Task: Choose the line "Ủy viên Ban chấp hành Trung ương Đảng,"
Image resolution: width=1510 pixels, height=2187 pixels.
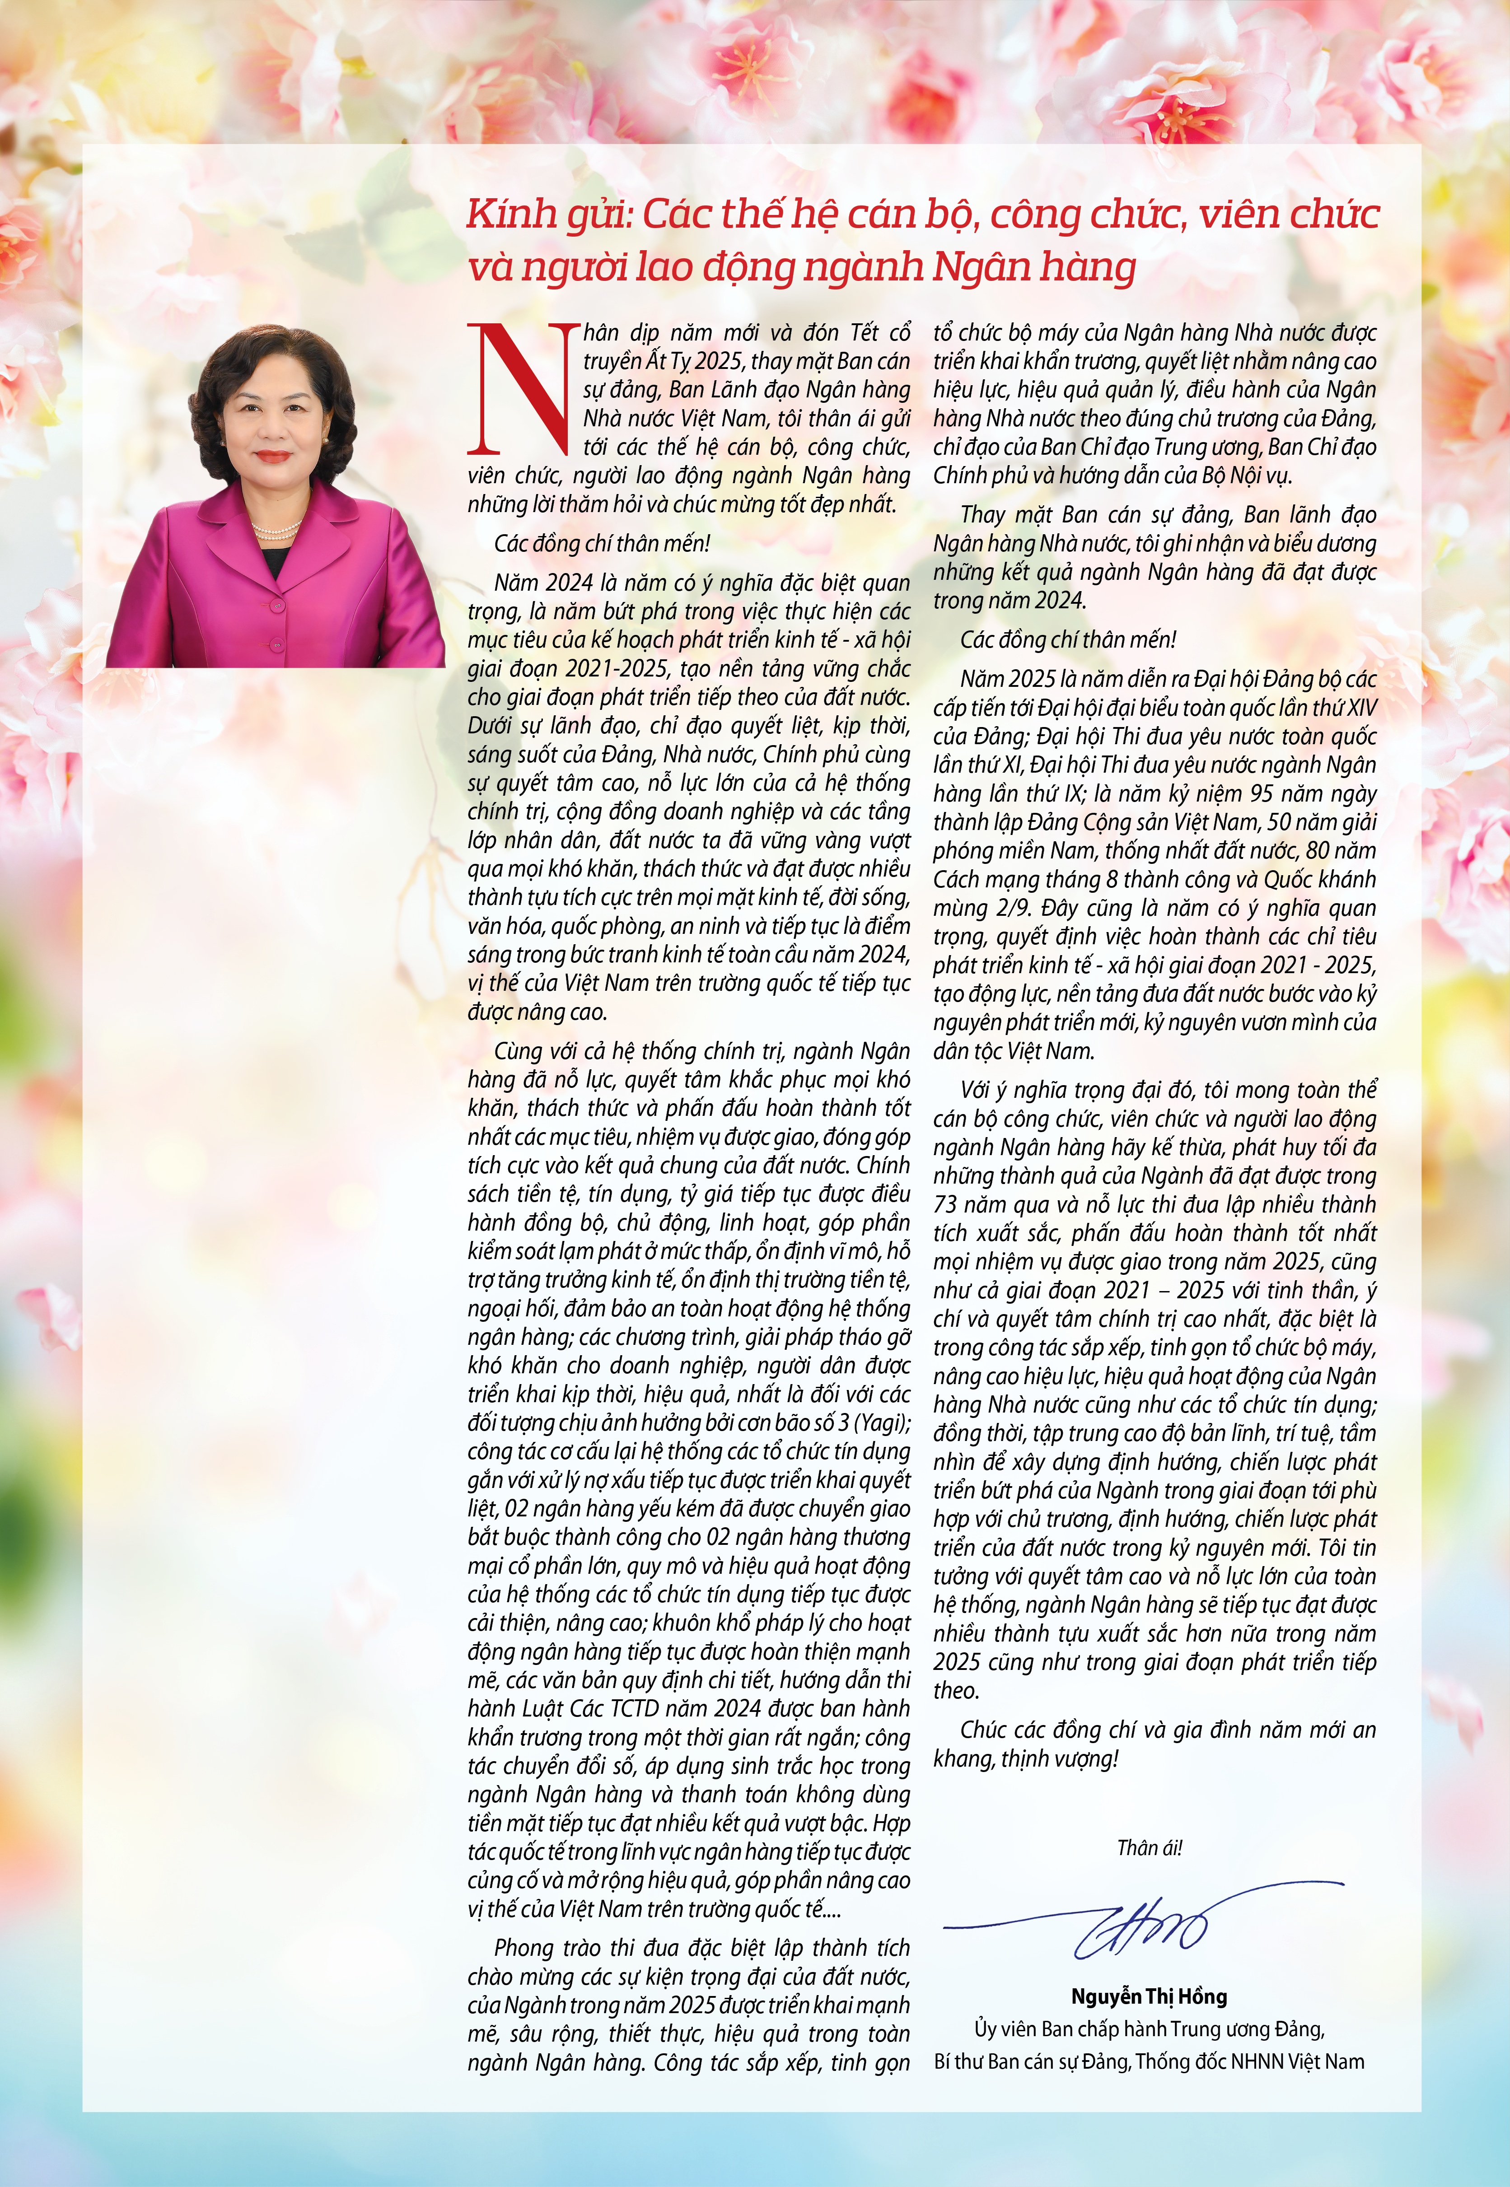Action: pos(1149,2029)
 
